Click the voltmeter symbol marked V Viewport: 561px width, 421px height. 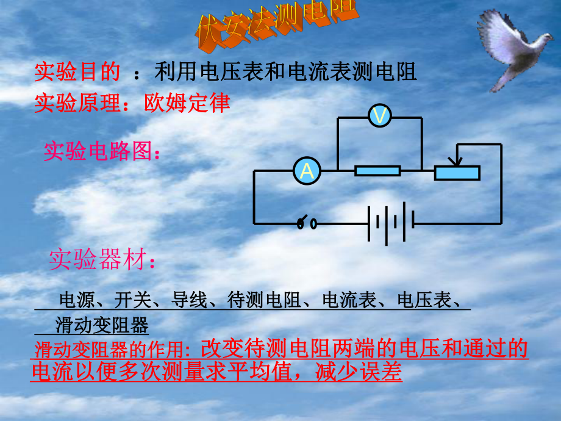[379, 116]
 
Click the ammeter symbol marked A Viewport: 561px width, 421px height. [307, 171]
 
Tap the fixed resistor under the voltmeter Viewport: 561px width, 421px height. [378, 171]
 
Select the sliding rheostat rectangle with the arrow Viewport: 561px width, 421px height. [457, 173]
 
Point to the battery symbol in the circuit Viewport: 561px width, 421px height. [391, 224]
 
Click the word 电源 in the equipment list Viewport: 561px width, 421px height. [74, 300]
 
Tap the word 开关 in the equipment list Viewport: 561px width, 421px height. [132, 300]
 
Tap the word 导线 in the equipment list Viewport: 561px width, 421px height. [189, 300]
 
